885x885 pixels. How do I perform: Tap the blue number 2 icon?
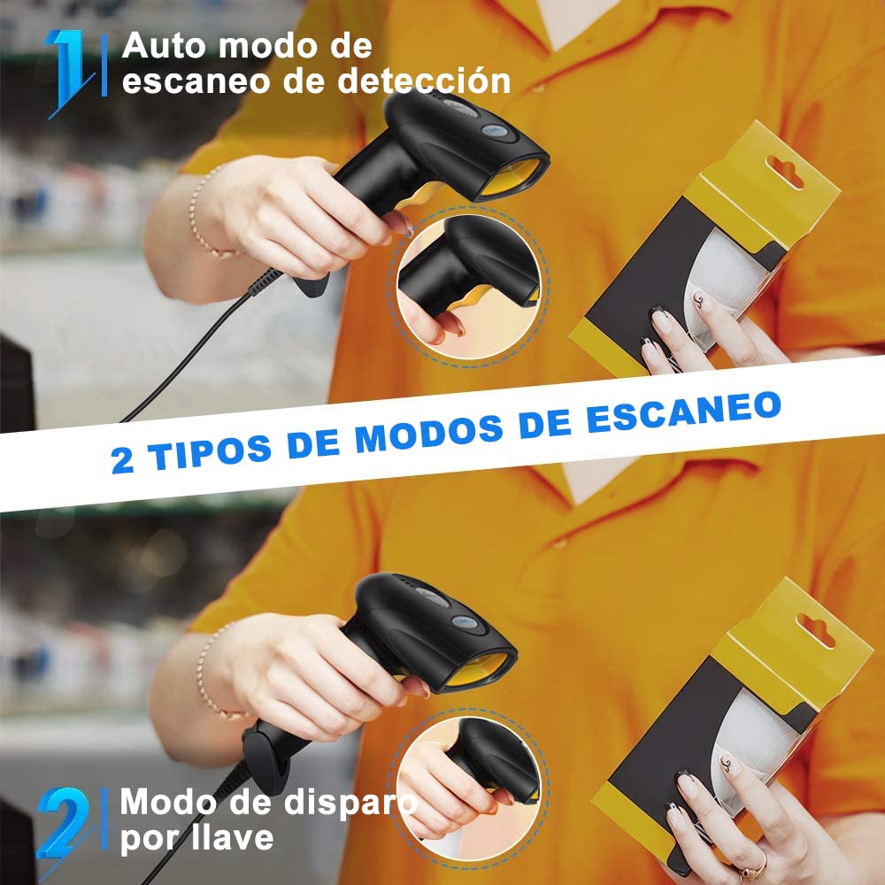64,825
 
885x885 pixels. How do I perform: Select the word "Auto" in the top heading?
165,46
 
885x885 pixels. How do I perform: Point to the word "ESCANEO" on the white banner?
684,412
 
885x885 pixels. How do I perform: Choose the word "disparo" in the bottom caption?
350,803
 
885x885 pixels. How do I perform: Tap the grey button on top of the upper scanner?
495,132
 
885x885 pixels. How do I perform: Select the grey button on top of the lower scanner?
465,623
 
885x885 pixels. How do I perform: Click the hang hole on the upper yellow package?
784,172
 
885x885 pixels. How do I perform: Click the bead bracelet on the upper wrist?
204,214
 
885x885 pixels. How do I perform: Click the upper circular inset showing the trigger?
468,288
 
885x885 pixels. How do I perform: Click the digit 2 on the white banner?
122,460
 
